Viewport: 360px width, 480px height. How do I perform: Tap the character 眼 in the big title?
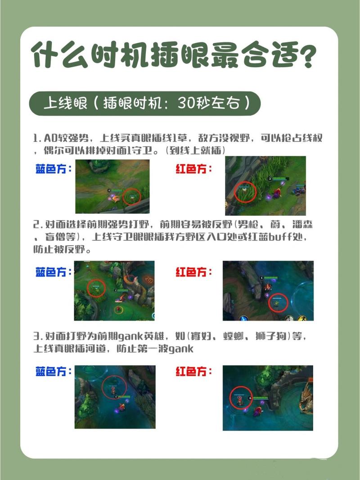(191, 55)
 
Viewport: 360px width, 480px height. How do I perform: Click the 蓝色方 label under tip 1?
(53, 170)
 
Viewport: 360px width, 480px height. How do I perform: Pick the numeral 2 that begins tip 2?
(36, 224)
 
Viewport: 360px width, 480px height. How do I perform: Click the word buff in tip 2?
(279, 237)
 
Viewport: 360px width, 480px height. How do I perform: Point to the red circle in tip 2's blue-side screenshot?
(96, 288)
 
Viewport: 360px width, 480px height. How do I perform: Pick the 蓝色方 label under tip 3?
(53, 372)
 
